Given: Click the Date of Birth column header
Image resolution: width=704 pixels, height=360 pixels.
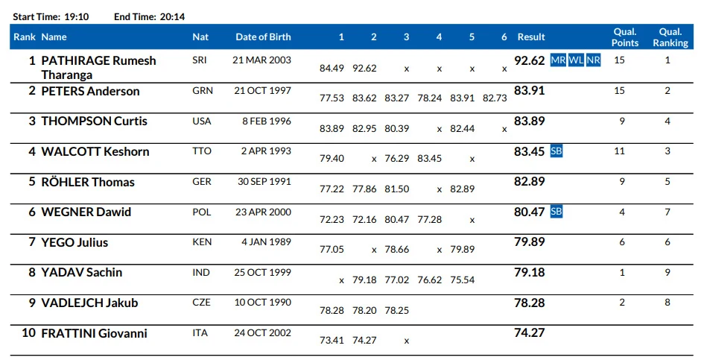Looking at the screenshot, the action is pyautogui.click(x=263, y=37).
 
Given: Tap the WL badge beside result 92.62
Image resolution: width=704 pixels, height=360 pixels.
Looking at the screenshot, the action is pyautogui.click(x=576, y=60).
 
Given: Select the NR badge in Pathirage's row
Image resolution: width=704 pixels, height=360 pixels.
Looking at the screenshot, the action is pyautogui.click(x=593, y=60).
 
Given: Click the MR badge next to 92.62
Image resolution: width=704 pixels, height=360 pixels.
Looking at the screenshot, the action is pyautogui.click(x=558, y=60).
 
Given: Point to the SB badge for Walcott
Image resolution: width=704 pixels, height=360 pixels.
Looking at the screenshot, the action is pyautogui.click(x=556, y=151).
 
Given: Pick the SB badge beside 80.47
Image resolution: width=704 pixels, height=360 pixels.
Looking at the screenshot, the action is pyautogui.click(x=556, y=211).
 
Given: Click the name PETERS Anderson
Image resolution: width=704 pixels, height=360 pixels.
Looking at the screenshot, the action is pyautogui.click(x=90, y=91).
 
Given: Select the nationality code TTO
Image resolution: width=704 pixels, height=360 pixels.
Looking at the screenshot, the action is pyautogui.click(x=202, y=151).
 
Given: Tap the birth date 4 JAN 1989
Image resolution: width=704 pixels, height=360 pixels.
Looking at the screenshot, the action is pyautogui.click(x=266, y=241).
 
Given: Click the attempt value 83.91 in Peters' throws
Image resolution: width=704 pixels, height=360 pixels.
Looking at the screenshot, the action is pyautogui.click(x=462, y=98).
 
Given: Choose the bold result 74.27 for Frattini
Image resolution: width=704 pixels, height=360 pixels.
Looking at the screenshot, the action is pyautogui.click(x=530, y=332).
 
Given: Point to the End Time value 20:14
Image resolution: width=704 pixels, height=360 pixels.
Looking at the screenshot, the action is pyautogui.click(x=172, y=16).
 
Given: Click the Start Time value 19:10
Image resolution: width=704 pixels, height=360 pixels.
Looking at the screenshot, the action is pyautogui.click(x=76, y=16).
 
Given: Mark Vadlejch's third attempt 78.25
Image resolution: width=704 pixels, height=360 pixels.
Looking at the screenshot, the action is pyautogui.click(x=397, y=310).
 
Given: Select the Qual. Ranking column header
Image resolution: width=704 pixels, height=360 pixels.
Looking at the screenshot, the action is pyautogui.click(x=670, y=37).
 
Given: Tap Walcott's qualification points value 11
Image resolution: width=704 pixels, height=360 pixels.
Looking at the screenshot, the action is pyautogui.click(x=620, y=151).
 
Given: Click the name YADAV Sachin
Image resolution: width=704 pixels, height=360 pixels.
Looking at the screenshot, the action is pyautogui.click(x=82, y=272).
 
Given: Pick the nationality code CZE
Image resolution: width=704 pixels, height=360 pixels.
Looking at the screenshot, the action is pyautogui.click(x=201, y=303).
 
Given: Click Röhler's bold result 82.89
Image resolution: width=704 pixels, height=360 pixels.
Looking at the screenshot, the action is pyautogui.click(x=530, y=182).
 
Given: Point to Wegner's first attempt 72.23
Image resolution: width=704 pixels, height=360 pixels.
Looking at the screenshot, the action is pyautogui.click(x=332, y=219).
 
